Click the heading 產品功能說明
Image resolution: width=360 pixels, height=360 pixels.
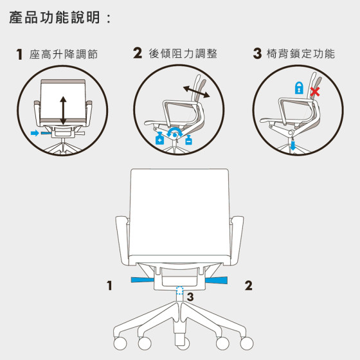55,18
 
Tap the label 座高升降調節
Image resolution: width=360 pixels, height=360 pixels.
64,54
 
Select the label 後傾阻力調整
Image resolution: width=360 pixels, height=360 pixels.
183,53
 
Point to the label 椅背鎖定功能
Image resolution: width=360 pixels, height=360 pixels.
301,53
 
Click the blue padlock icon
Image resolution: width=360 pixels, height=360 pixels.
299,87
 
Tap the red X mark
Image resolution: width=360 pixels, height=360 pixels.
315,92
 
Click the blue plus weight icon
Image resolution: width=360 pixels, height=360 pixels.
160,138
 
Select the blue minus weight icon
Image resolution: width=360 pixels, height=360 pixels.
188,140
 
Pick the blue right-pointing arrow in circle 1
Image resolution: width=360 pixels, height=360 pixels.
35,133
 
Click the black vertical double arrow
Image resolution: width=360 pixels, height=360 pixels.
63,111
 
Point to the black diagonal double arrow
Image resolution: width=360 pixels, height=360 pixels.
197,91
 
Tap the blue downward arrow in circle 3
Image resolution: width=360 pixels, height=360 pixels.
292,145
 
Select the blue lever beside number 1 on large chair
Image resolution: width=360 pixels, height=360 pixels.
142,280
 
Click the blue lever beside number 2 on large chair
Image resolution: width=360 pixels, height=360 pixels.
216,280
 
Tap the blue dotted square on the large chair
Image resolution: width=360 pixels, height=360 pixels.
179,290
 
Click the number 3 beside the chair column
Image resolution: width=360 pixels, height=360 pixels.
190,296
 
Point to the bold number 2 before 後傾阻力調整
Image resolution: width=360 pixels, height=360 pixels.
138,53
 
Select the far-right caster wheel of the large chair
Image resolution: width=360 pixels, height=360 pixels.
247,343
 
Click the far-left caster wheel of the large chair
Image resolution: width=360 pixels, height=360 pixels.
120,343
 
